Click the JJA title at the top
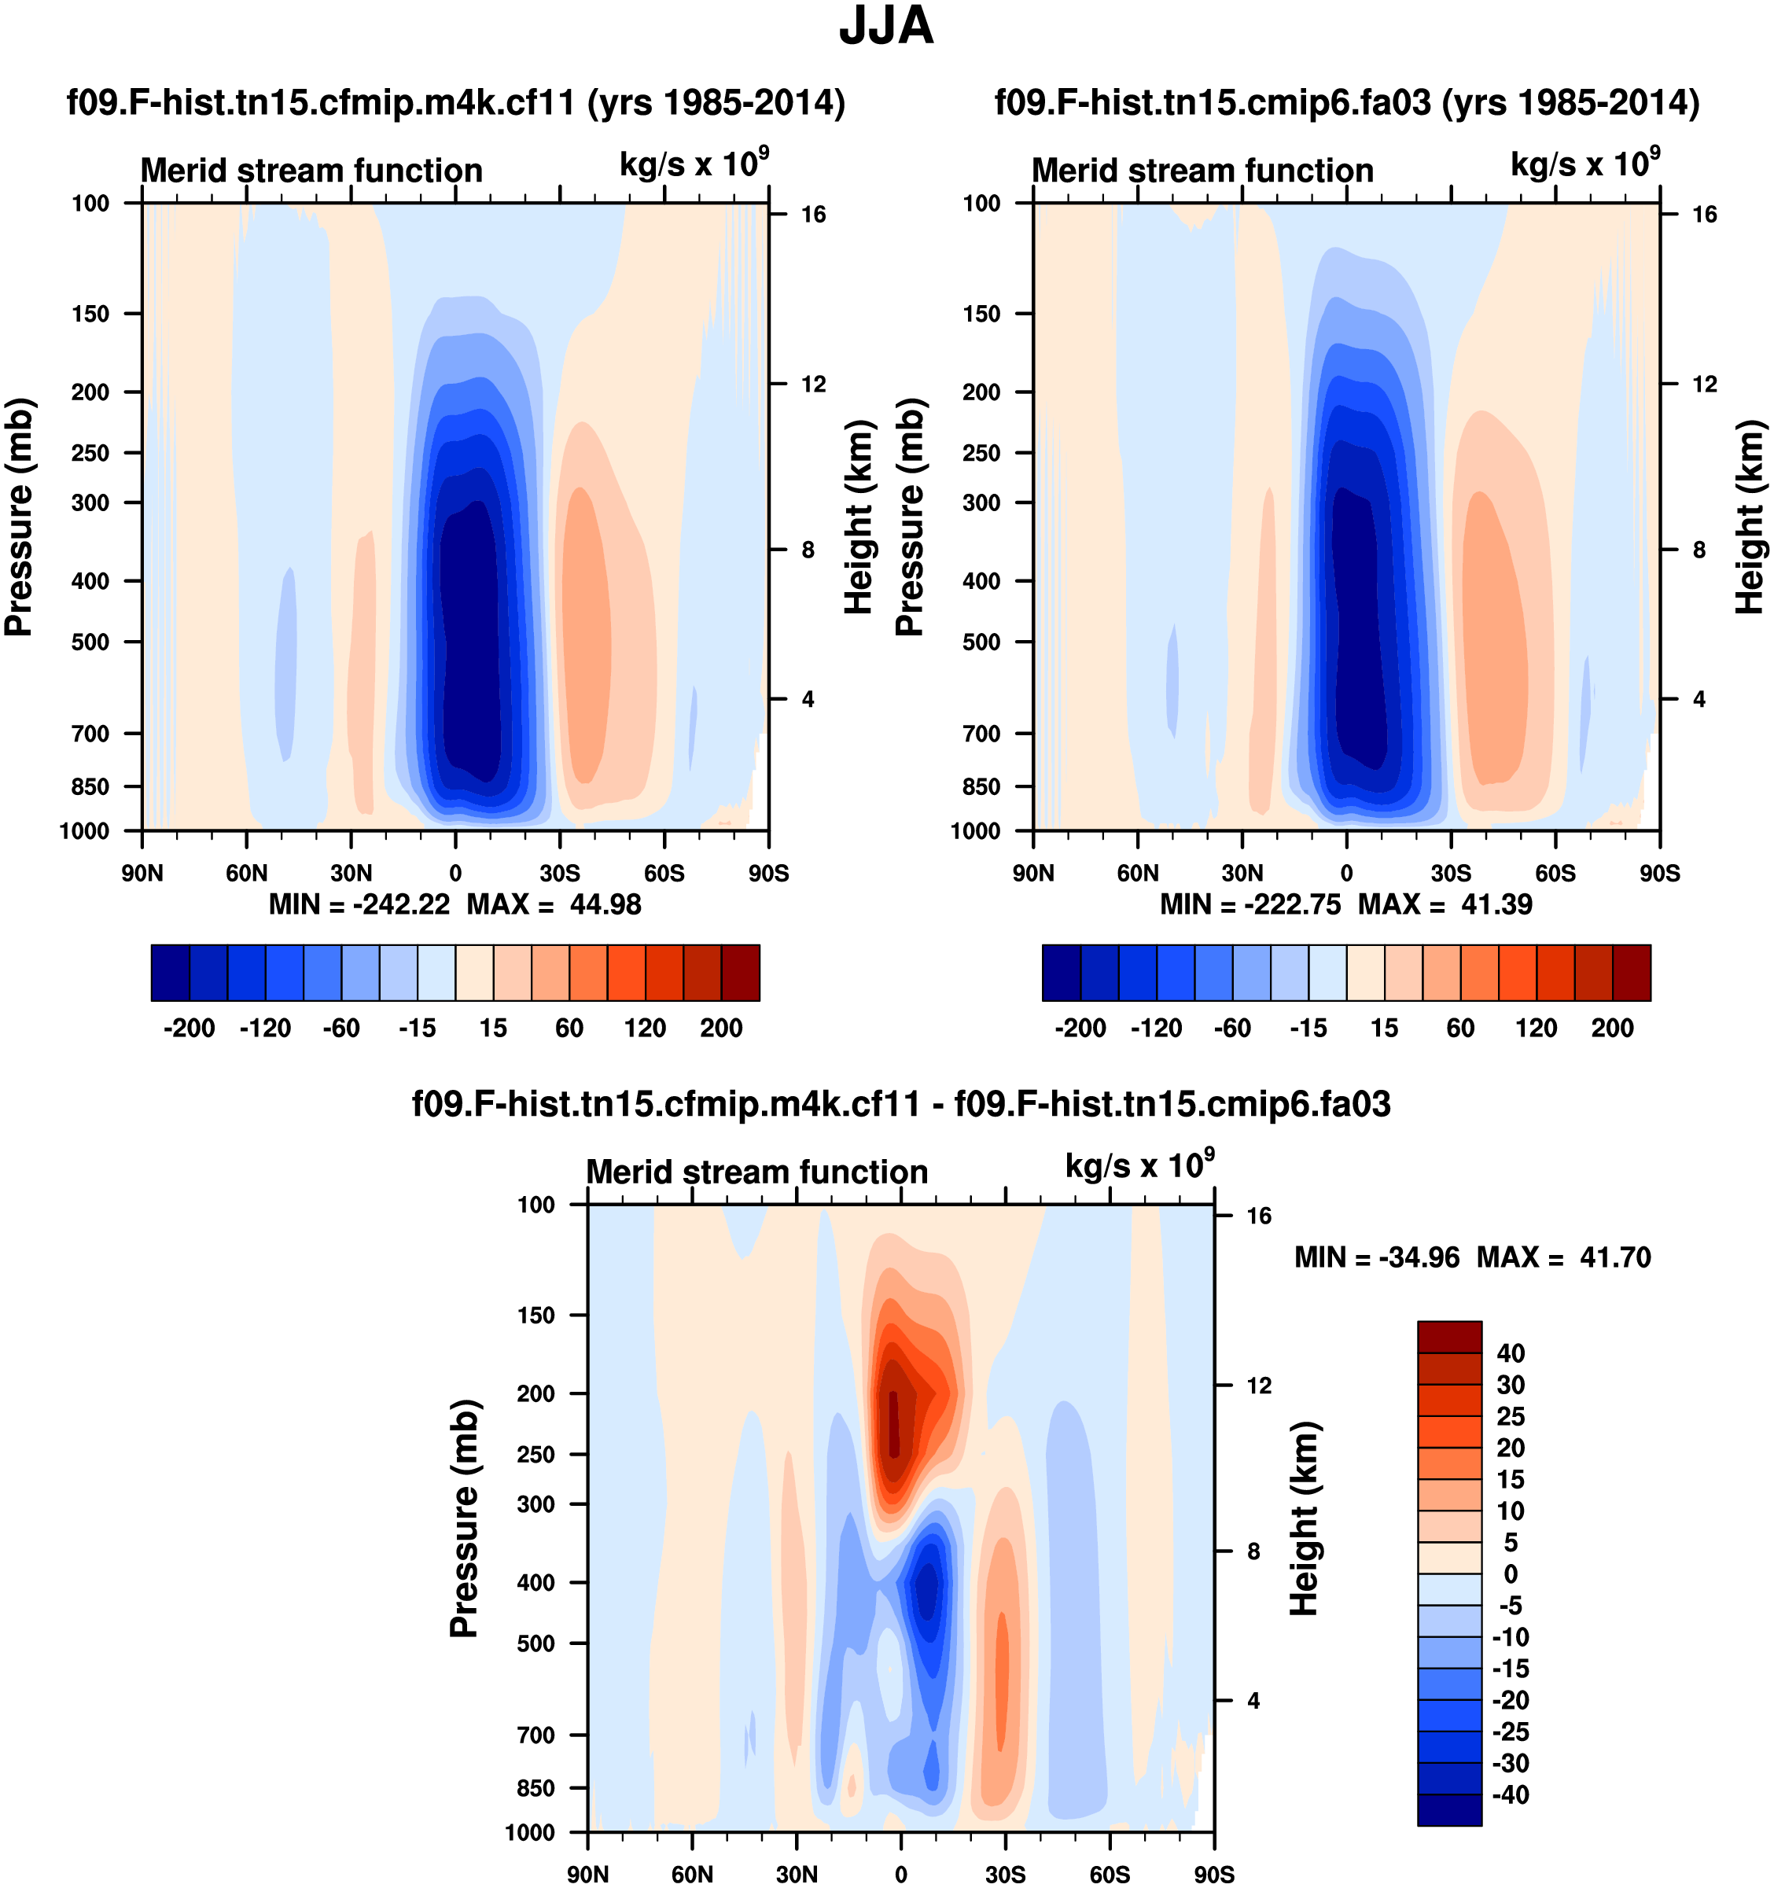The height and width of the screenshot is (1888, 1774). click(886, 27)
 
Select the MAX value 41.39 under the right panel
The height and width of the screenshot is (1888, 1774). click(1496, 904)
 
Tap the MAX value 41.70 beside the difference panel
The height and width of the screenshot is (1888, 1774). click(1614, 1257)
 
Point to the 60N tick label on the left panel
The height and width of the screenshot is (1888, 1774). click(247, 873)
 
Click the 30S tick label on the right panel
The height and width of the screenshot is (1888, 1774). click(1451, 873)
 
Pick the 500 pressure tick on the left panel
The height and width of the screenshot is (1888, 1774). click(91, 642)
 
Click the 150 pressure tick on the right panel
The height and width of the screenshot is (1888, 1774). click(982, 314)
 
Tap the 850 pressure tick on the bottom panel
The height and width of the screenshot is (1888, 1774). click(536, 1788)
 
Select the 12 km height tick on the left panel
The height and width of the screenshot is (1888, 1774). click(813, 384)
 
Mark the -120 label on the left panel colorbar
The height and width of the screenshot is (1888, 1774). click(265, 1028)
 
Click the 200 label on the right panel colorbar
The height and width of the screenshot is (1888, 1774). click(1611, 1028)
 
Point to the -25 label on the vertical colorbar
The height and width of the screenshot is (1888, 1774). click(1510, 1732)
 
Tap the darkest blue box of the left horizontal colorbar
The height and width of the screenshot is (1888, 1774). click(170, 973)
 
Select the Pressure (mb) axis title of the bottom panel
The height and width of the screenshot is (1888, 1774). click(463, 1518)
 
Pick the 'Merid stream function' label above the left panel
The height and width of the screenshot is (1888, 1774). click(311, 171)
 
